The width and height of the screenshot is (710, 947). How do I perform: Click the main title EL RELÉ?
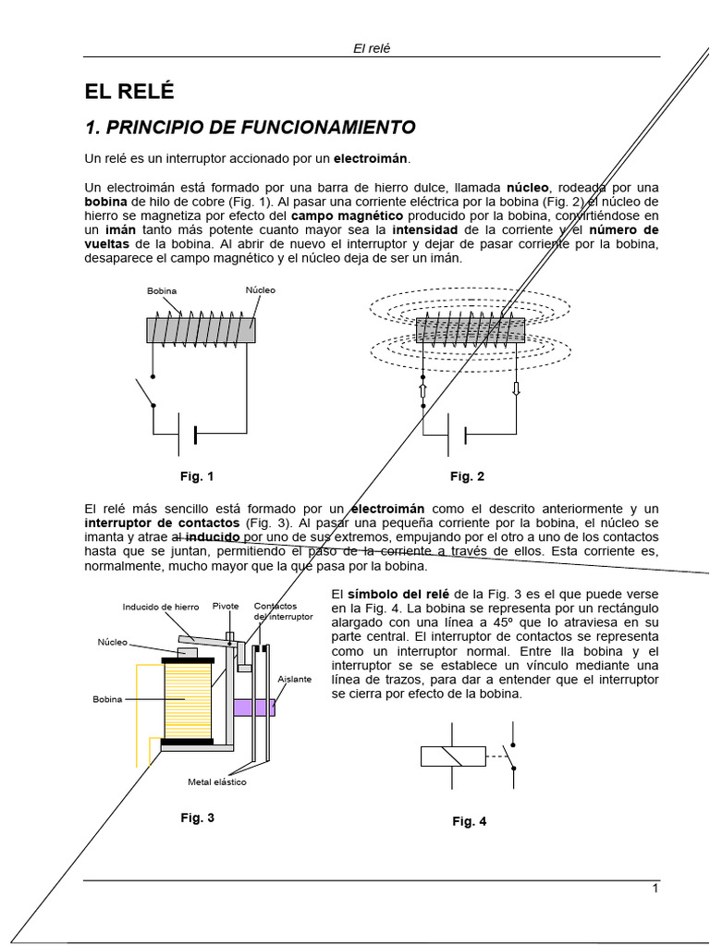[129, 92]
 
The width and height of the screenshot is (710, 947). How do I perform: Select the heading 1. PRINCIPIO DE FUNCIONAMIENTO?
[250, 127]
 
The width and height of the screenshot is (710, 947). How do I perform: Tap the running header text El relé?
[372, 48]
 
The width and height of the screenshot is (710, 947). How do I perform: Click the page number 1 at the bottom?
[655, 889]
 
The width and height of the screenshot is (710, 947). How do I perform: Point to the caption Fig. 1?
[197, 476]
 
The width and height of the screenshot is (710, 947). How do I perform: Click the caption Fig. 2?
[467, 476]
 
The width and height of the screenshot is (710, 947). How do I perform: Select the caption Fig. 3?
[197, 818]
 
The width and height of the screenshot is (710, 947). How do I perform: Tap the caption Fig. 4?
[469, 821]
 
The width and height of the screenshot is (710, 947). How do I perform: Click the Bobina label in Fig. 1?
[162, 291]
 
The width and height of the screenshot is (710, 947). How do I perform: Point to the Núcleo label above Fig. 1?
[260, 290]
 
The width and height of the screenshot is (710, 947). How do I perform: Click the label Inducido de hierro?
[160, 608]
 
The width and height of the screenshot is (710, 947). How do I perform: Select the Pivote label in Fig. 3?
[226, 607]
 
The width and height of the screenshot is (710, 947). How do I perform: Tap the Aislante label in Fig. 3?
[294, 679]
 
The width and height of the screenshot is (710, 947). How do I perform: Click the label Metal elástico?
[217, 782]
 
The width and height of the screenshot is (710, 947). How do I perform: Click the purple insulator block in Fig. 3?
[253, 707]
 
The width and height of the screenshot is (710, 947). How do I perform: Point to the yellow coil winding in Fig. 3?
[189, 701]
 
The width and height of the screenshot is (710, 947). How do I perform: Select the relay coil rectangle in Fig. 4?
[453, 756]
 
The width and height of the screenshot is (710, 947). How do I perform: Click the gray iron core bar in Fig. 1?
[202, 329]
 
